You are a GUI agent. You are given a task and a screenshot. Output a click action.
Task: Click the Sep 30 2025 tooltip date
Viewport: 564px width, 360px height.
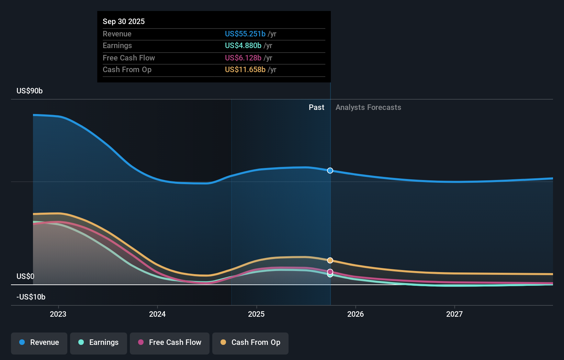(x=124, y=21)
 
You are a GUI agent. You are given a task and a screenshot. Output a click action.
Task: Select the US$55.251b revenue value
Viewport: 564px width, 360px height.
(x=245, y=34)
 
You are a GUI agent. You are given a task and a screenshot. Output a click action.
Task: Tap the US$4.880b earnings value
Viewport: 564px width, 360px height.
(x=243, y=45)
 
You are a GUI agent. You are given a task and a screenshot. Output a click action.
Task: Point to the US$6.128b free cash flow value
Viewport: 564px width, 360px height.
(x=243, y=58)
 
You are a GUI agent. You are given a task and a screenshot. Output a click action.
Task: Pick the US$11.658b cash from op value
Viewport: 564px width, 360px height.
(x=245, y=69)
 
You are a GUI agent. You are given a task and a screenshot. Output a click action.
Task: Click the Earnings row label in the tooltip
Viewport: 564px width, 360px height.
(x=117, y=45)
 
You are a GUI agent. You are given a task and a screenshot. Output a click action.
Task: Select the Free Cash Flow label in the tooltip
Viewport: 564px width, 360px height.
(x=128, y=58)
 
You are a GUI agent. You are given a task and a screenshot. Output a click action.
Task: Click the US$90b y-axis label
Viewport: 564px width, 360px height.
(x=30, y=91)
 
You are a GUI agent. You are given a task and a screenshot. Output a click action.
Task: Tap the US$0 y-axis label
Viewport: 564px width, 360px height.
(x=25, y=276)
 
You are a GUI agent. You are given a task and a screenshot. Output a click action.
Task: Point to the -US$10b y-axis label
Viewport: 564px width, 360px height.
(x=31, y=297)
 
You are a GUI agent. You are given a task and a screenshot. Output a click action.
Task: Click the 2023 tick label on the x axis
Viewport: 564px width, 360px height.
(x=58, y=314)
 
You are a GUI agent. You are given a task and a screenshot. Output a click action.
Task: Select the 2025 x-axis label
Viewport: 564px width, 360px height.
(x=256, y=314)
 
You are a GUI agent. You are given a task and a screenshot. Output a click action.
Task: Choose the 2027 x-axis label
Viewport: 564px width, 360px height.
(x=454, y=314)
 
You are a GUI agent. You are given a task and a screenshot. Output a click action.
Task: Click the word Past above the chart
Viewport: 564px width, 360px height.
(x=316, y=107)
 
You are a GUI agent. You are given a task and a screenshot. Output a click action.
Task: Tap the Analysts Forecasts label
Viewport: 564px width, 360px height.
(x=368, y=107)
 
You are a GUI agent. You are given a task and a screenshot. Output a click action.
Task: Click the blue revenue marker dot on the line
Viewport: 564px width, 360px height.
(x=330, y=171)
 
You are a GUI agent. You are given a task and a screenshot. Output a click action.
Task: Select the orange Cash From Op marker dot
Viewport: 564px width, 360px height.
(x=330, y=260)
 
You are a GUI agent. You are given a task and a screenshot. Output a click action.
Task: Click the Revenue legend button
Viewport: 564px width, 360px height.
(x=39, y=342)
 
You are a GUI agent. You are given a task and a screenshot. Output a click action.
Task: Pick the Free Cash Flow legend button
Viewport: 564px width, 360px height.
(x=170, y=342)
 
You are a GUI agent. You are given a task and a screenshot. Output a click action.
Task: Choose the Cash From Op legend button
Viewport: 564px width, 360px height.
(x=250, y=342)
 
